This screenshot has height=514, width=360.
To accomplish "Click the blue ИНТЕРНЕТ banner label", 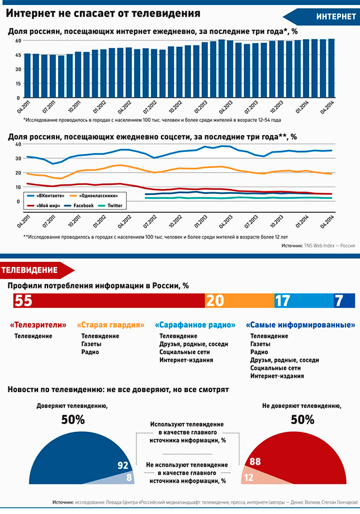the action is pos(336,17).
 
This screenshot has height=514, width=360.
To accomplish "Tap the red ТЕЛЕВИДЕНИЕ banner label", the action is pos(30,270).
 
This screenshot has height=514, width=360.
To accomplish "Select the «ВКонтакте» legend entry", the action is pos(46,196).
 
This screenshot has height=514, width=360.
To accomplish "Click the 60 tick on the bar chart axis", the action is pos(18,40).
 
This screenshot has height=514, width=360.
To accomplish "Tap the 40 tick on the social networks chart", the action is pos(18,144).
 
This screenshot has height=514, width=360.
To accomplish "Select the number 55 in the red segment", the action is pos(23,300).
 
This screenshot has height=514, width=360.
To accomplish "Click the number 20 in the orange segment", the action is pos(215,300).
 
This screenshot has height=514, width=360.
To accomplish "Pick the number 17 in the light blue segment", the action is pos(283,300).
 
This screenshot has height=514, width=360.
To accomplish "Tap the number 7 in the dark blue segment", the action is pos(339,300).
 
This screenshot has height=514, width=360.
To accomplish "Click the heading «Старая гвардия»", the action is pos(111,325).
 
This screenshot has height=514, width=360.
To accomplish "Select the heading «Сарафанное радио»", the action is pos(195,325).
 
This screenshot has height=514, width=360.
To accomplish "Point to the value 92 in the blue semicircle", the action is pos(122,465).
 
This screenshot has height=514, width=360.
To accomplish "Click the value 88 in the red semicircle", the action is pos(255,461).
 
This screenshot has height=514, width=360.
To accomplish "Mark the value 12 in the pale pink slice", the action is pos(249,477).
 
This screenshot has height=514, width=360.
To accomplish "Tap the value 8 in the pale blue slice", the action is pos(129,477).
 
